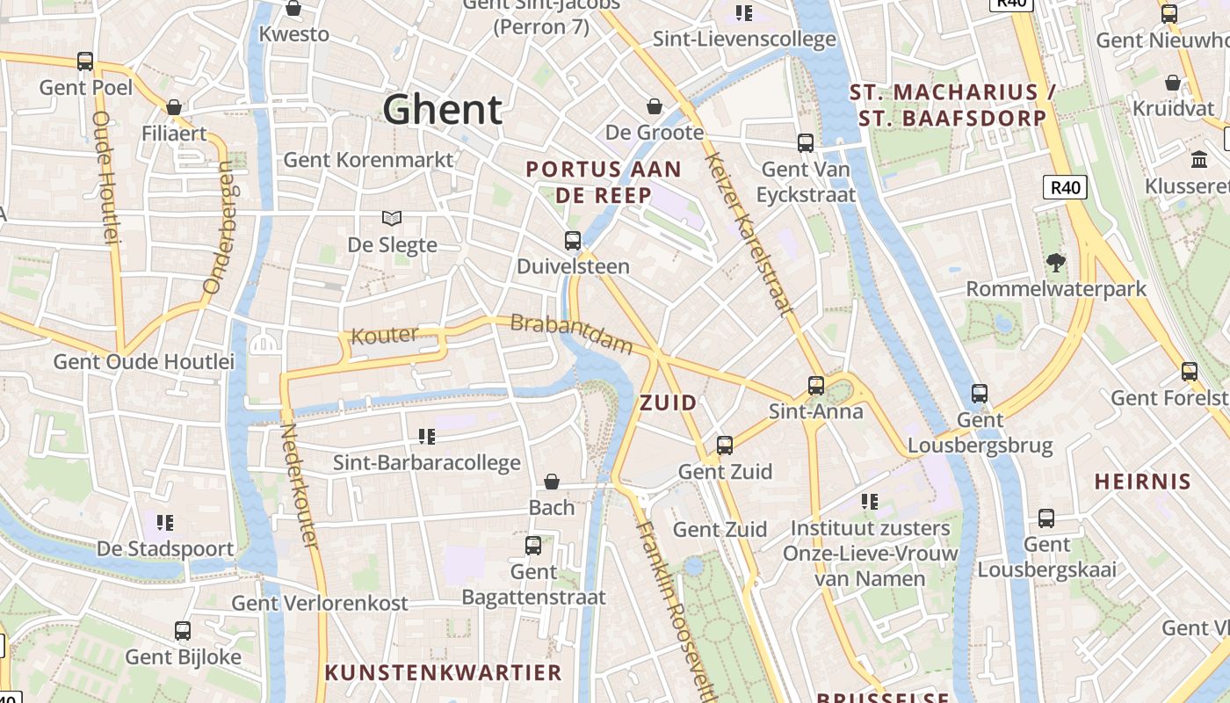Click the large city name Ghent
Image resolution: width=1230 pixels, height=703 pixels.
(443, 110)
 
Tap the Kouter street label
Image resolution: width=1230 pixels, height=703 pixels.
(384, 336)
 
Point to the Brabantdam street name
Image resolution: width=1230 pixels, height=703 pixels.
(571, 333)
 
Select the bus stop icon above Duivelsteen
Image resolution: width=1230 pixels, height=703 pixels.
(573, 240)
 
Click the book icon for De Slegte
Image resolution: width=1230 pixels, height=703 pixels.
(392, 218)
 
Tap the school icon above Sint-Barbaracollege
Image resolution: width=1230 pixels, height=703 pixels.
(427, 436)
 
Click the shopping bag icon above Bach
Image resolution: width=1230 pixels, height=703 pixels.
(552, 482)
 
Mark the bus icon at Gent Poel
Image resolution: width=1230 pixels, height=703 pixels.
(85, 62)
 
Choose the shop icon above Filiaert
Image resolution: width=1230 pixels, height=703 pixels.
(174, 107)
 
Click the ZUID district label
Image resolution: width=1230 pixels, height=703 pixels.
(669, 403)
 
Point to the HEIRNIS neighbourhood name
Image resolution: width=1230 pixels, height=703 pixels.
(1142, 482)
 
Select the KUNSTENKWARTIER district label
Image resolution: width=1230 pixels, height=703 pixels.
(444, 673)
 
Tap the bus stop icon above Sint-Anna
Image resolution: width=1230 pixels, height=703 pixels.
(816, 385)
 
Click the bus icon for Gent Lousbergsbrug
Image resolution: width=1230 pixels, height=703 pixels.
(980, 393)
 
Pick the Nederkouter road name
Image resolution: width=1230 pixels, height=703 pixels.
(299, 485)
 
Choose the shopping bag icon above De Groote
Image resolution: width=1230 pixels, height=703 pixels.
(655, 106)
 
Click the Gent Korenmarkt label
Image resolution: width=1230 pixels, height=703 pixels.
(368, 160)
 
